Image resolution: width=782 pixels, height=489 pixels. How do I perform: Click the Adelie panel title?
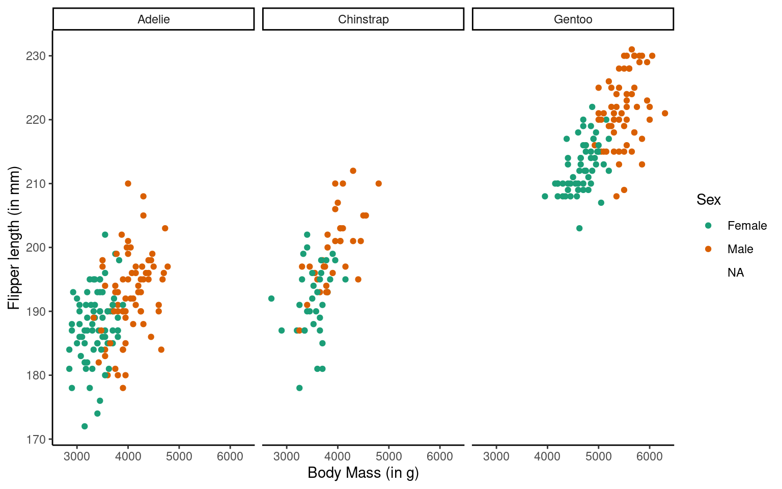[x=153, y=19]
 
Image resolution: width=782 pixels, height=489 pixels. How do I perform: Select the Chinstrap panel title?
[x=363, y=19]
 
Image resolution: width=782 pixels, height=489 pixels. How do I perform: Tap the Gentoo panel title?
[x=573, y=19]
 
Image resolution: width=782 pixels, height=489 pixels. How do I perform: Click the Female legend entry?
[x=746, y=226]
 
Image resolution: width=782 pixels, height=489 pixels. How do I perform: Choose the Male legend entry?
[x=740, y=249]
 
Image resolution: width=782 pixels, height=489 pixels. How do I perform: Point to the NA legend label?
[x=736, y=273]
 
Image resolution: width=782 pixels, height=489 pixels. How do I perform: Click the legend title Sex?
[x=708, y=200]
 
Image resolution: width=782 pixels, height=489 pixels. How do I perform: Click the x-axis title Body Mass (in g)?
[x=363, y=473]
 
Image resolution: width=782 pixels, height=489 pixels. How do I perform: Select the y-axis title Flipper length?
[x=14, y=238]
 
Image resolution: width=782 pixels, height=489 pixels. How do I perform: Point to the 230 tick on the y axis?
[x=36, y=56]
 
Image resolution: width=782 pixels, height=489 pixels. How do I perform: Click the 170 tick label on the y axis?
[x=36, y=439]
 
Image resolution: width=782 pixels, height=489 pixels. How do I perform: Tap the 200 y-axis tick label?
[x=36, y=248]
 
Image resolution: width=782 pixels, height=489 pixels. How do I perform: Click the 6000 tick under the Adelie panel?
[x=230, y=456]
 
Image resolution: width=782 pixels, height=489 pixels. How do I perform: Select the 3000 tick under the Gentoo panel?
[x=496, y=456]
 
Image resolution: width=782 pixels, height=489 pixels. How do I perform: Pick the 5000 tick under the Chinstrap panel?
[x=388, y=456]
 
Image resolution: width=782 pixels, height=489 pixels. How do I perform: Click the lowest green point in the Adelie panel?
[x=85, y=426]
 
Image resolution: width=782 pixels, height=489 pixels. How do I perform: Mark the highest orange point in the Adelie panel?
[x=128, y=183]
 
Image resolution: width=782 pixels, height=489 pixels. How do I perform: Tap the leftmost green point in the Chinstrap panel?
[x=271, y=298]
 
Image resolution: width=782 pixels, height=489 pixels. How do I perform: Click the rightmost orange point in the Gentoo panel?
[x=664, y=113]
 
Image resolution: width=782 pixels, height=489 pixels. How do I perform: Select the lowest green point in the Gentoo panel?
[x=579, y=228]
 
